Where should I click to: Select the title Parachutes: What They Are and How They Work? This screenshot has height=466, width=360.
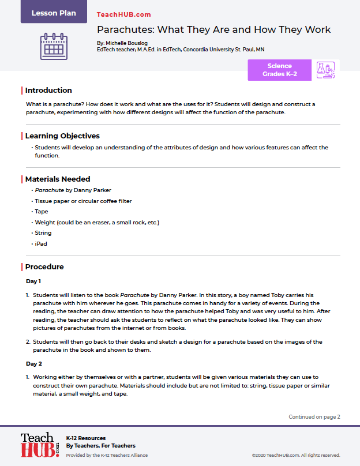click(213, 30)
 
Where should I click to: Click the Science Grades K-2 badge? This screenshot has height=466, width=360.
click(279, 70)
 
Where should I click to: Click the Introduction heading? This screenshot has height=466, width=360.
click(48, 90)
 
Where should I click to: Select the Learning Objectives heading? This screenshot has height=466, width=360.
click(62, 136)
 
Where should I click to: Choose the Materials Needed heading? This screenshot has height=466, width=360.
click(57, 179)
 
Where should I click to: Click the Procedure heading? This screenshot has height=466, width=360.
click(44, 266)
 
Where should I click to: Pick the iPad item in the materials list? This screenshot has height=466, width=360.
click(41, 244)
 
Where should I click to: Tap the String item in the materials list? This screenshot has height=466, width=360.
click(43, 233)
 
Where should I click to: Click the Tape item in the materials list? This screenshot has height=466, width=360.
click(42, 212)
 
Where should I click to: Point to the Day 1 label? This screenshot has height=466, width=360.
click(33, 281)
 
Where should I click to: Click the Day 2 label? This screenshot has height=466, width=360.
click(33, 364)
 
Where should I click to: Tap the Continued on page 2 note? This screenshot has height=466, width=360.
click(314, 416)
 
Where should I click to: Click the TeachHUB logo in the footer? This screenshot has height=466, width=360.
click(40, 445)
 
